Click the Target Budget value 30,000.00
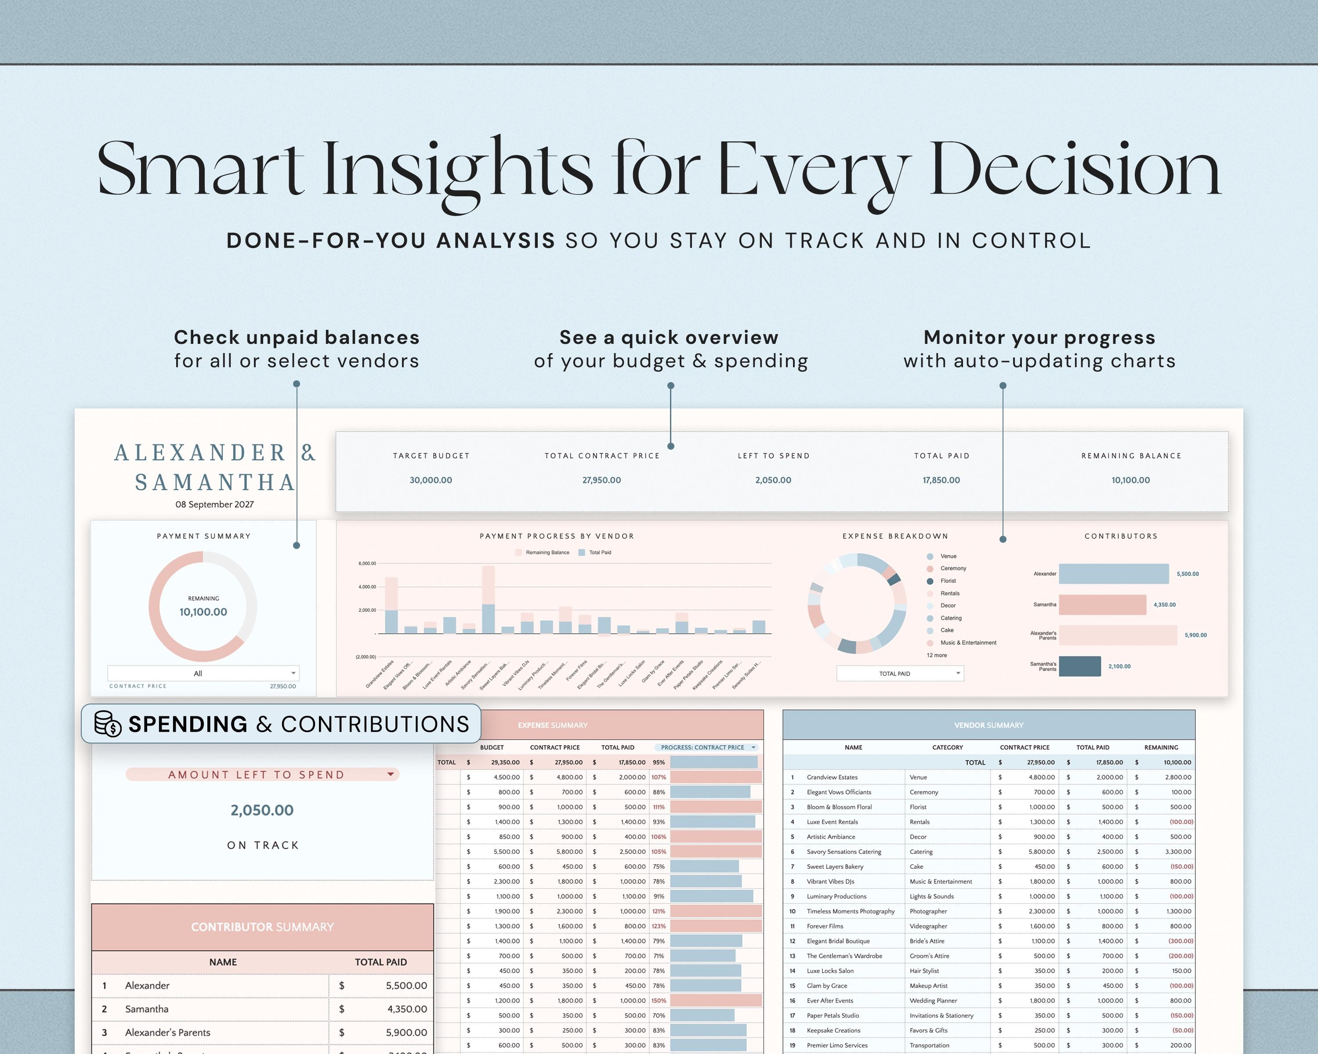pos(431,480)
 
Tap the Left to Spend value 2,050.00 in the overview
pos(773,480)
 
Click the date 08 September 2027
pos(214,504)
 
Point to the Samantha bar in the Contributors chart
pos(1102,605)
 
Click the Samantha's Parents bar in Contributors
pos(1079,666)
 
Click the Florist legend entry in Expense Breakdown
pos(948,581)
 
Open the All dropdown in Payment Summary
pos(203,673)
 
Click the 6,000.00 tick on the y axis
pos(367,563)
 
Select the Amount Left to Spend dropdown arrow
pos(390,775)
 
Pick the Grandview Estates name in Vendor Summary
pos(832,777)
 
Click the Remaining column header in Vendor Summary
pos(1160,747)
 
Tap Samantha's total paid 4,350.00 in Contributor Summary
pos(406,1009)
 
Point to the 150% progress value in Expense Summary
pos(659,1001)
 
